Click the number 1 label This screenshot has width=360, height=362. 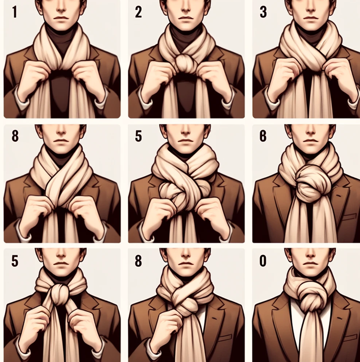pos(15,12)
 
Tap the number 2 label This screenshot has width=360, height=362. pos(139,12)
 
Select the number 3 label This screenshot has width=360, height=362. pos(263,12)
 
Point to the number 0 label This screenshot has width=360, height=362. pos(263,261)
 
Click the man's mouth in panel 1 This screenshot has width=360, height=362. pos(61,18)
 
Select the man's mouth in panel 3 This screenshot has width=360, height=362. pos(310,18)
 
